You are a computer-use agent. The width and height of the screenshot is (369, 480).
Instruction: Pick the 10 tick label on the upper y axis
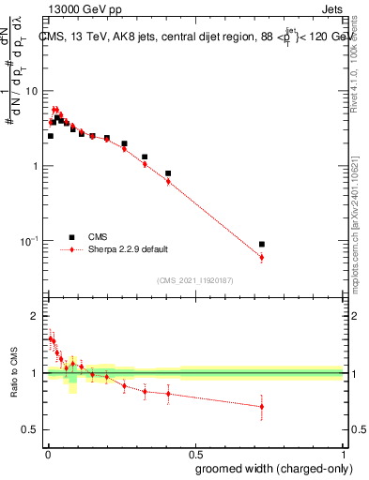coord(32,91)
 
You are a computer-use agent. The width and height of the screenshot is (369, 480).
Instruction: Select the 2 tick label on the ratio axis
coord(35,317)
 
